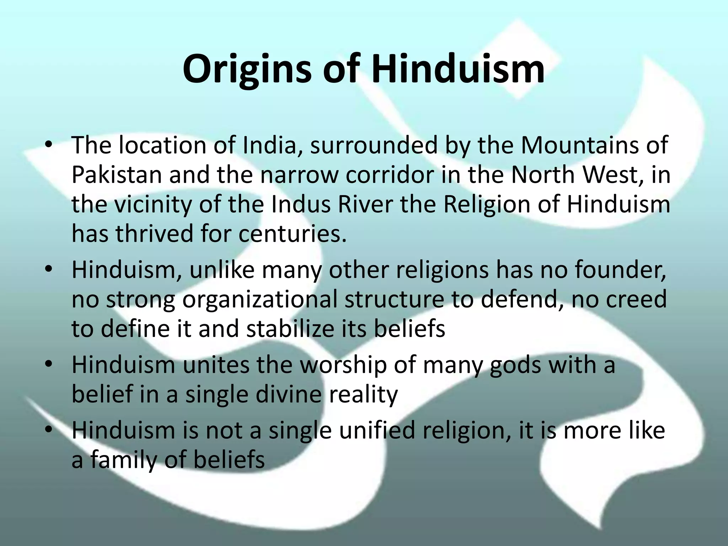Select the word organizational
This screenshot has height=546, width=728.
259,299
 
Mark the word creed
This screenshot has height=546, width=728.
636,299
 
